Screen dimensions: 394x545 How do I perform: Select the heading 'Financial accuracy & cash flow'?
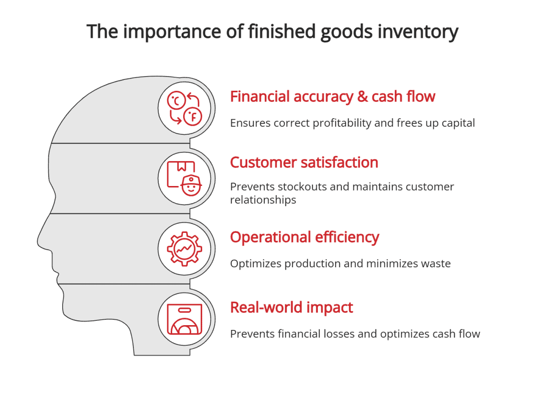coord(332,97)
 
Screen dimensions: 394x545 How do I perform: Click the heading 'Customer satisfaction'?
coord(304,163)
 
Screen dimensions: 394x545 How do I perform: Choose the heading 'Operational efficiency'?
coord(305,237)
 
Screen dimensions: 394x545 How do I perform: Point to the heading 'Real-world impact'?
coord(291,307)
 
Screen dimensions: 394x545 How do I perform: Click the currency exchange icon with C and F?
coord(185,108)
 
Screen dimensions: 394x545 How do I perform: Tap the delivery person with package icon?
coord(185,178)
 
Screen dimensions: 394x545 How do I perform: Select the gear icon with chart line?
coord(185,248)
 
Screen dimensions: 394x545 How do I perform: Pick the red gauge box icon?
coord(185,318)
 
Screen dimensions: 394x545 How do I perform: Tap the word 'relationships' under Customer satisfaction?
coord(263,200)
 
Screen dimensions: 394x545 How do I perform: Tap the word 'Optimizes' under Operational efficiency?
coord(256,263)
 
